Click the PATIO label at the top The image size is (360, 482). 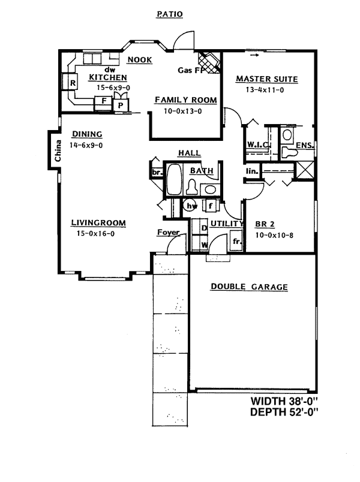pyautogui.click(x=169, y=13)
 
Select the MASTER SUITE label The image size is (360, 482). pyautogui.click(x=266, y=79)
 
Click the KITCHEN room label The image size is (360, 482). pyautogui.click(x=107, y=77)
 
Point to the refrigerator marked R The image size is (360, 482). pyautogui.click(x=72, y=83)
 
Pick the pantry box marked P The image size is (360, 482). pyautogui.click(x=121, y=105)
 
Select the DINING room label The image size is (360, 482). pyautogui.click(x=86, y=134)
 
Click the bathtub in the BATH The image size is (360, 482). pyautogui.click(x=173, y=180)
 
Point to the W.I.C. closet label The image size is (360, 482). pyautogui.click(x=259, y=145)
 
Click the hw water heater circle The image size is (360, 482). pyautogui.click(x=192, y=206)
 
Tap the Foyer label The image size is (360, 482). pyautogui.click(x=169, y=232)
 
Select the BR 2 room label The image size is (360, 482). pyautogui.click(x=265, y=224)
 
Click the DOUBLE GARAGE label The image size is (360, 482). pyautogui.click(x=249, y=287)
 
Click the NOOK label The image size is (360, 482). pyautogui.click(x=139, y=59)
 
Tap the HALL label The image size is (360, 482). pyautogui.click(x=189, y=153)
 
